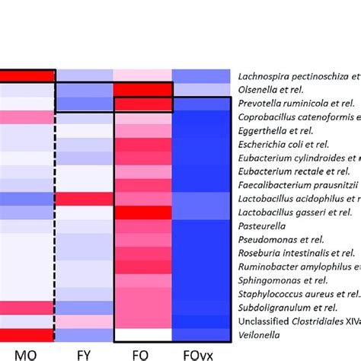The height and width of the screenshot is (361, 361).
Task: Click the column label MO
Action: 26,353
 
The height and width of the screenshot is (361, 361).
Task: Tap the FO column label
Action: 142,353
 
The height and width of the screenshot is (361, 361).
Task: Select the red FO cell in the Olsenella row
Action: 142,89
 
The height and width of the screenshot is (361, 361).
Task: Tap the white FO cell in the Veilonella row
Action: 142,334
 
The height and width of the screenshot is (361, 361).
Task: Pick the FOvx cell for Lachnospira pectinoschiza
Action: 200,75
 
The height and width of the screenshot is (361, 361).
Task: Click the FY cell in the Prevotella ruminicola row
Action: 84,103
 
